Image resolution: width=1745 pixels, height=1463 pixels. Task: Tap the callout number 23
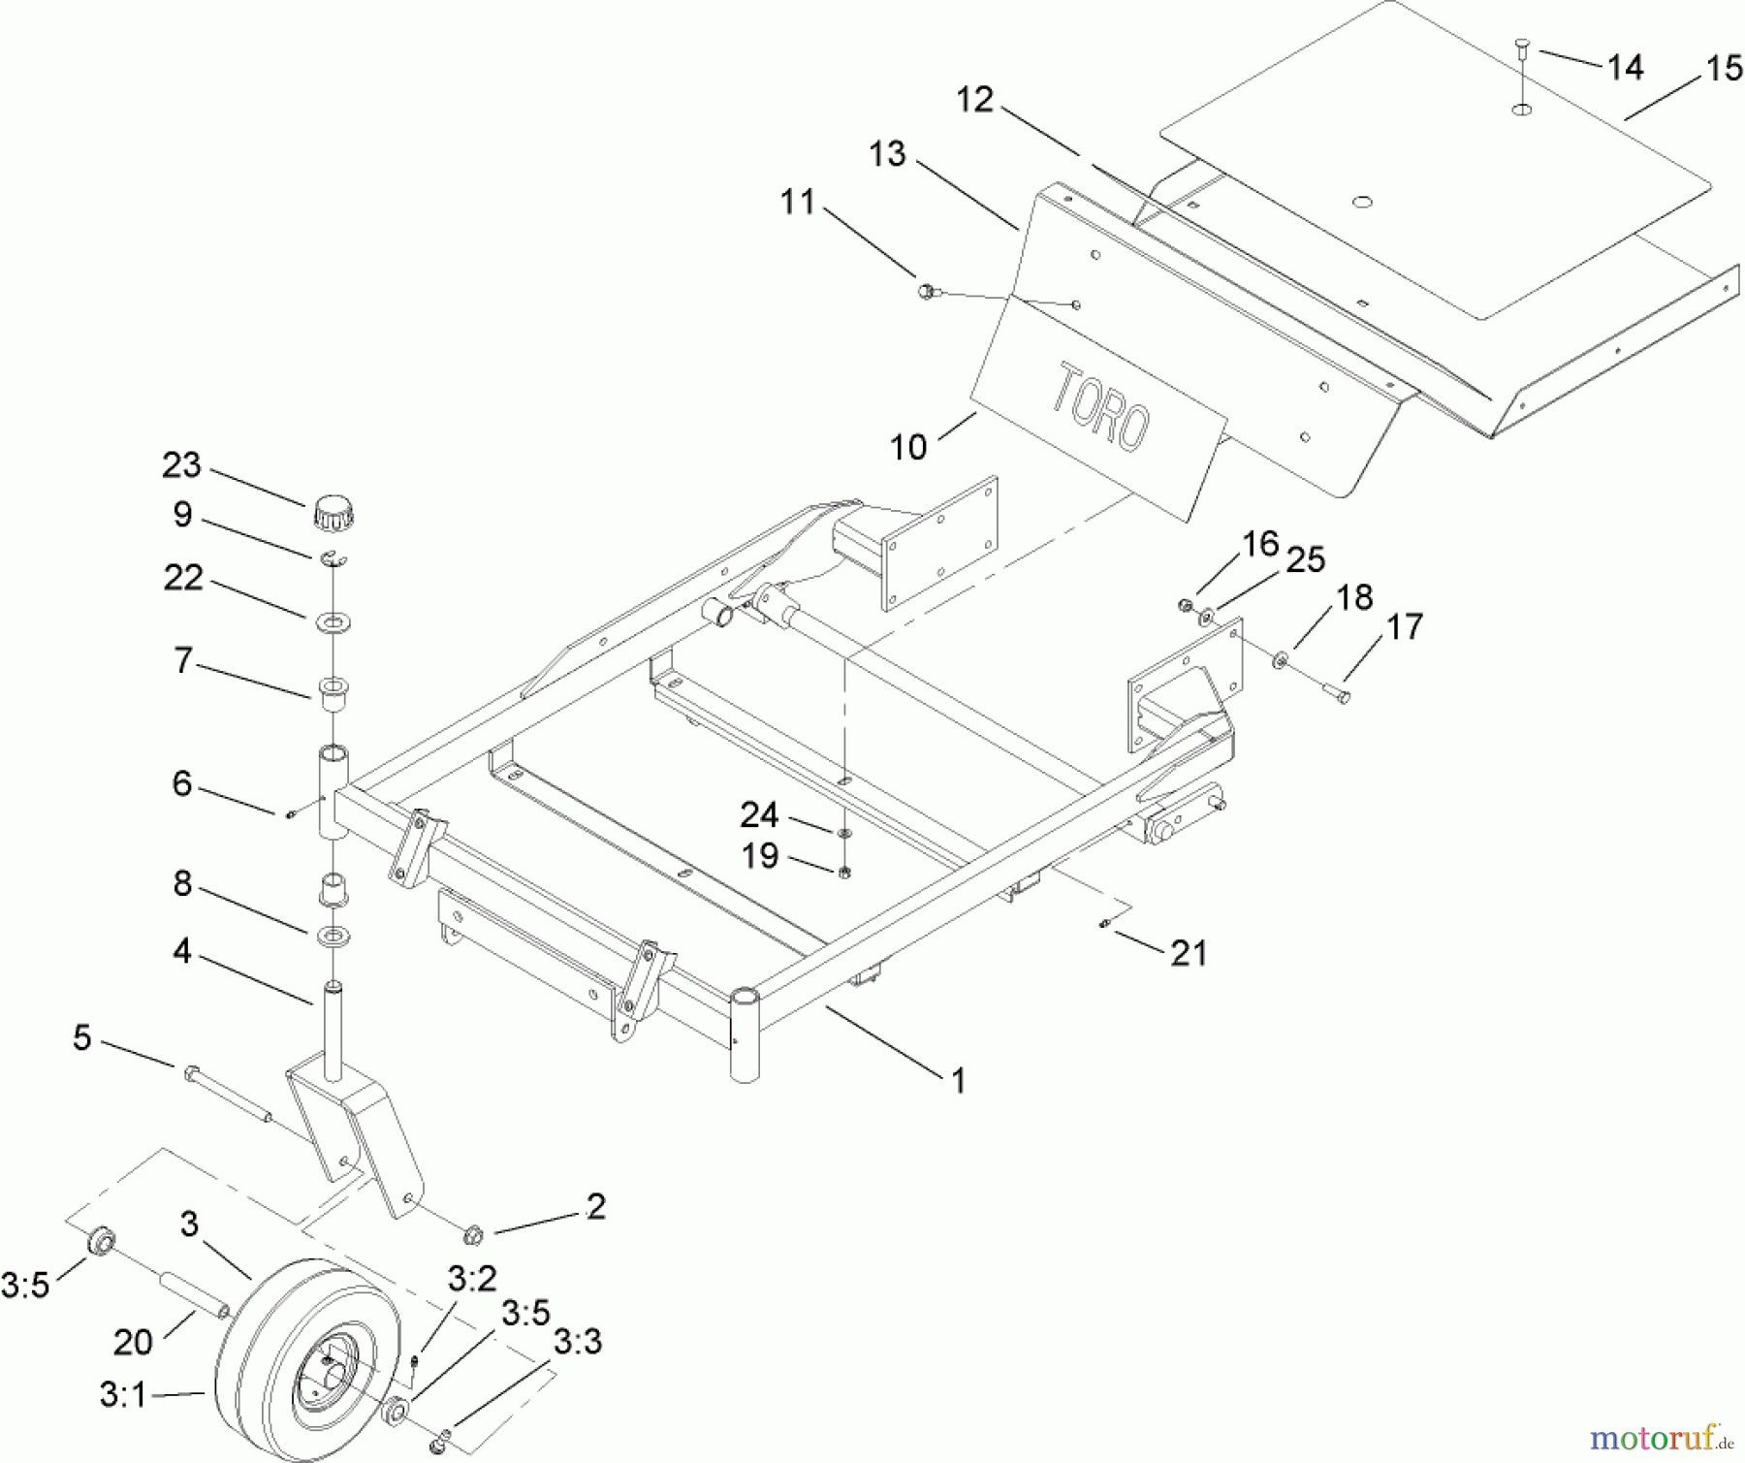181,465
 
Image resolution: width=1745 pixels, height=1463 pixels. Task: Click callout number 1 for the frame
958,1080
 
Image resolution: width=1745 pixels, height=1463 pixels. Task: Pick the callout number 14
1625,67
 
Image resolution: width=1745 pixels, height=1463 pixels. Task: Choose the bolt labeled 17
1337,691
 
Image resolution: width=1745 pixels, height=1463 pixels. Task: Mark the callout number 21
1189,953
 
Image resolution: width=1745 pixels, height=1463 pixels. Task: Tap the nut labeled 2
472,1235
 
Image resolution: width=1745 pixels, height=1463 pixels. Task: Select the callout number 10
908,447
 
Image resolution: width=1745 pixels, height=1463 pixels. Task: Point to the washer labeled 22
333,621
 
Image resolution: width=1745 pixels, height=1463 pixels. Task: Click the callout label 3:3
578,1342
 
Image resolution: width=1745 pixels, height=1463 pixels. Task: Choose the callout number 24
759,814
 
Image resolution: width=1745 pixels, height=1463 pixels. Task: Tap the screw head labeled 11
926,289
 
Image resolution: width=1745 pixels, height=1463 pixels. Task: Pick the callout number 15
1724,69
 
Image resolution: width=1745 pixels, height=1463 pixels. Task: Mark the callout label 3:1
122,1394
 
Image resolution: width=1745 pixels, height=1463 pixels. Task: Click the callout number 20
133,1342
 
